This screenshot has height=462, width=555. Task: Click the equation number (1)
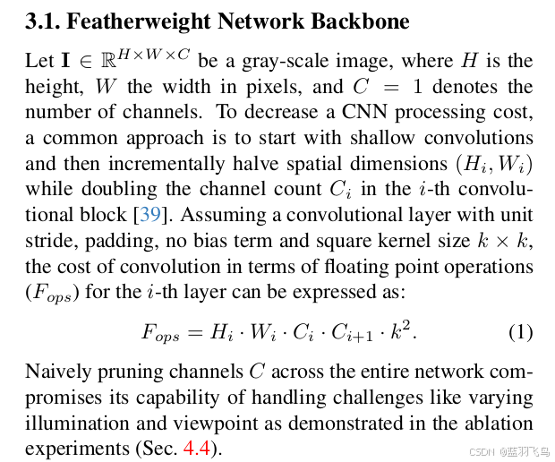[x=520, y=332]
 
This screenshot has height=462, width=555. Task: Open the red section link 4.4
[x=197, y=449]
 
